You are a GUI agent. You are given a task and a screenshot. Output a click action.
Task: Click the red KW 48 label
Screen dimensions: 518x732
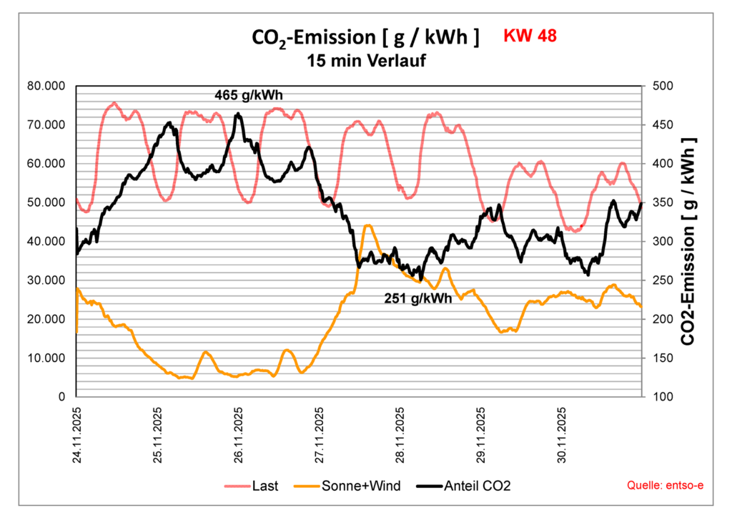coord(530,36)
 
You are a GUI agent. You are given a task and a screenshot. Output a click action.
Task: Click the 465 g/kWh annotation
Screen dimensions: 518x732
coord(254,94)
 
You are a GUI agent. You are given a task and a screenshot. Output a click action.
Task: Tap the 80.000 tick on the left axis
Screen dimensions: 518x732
coord(45,86)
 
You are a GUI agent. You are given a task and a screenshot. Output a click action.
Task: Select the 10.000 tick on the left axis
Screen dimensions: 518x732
coord(45,358)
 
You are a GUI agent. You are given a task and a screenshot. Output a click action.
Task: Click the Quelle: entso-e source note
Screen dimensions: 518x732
coord(665,487)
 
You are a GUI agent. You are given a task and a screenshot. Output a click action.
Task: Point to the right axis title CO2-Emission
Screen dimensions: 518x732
coord(689,241)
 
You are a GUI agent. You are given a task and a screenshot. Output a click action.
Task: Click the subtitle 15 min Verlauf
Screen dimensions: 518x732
coord(366,61)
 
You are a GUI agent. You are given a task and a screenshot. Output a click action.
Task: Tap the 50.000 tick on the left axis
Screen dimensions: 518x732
coord(45,202)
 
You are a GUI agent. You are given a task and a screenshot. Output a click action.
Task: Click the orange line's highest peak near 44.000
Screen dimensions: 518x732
coord(368,225)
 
